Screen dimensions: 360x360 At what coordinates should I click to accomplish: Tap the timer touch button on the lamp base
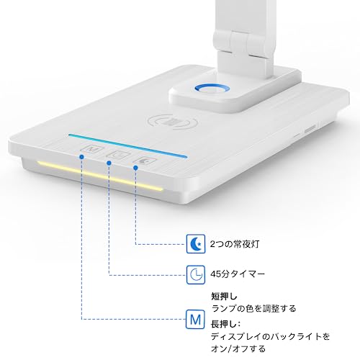115,153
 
